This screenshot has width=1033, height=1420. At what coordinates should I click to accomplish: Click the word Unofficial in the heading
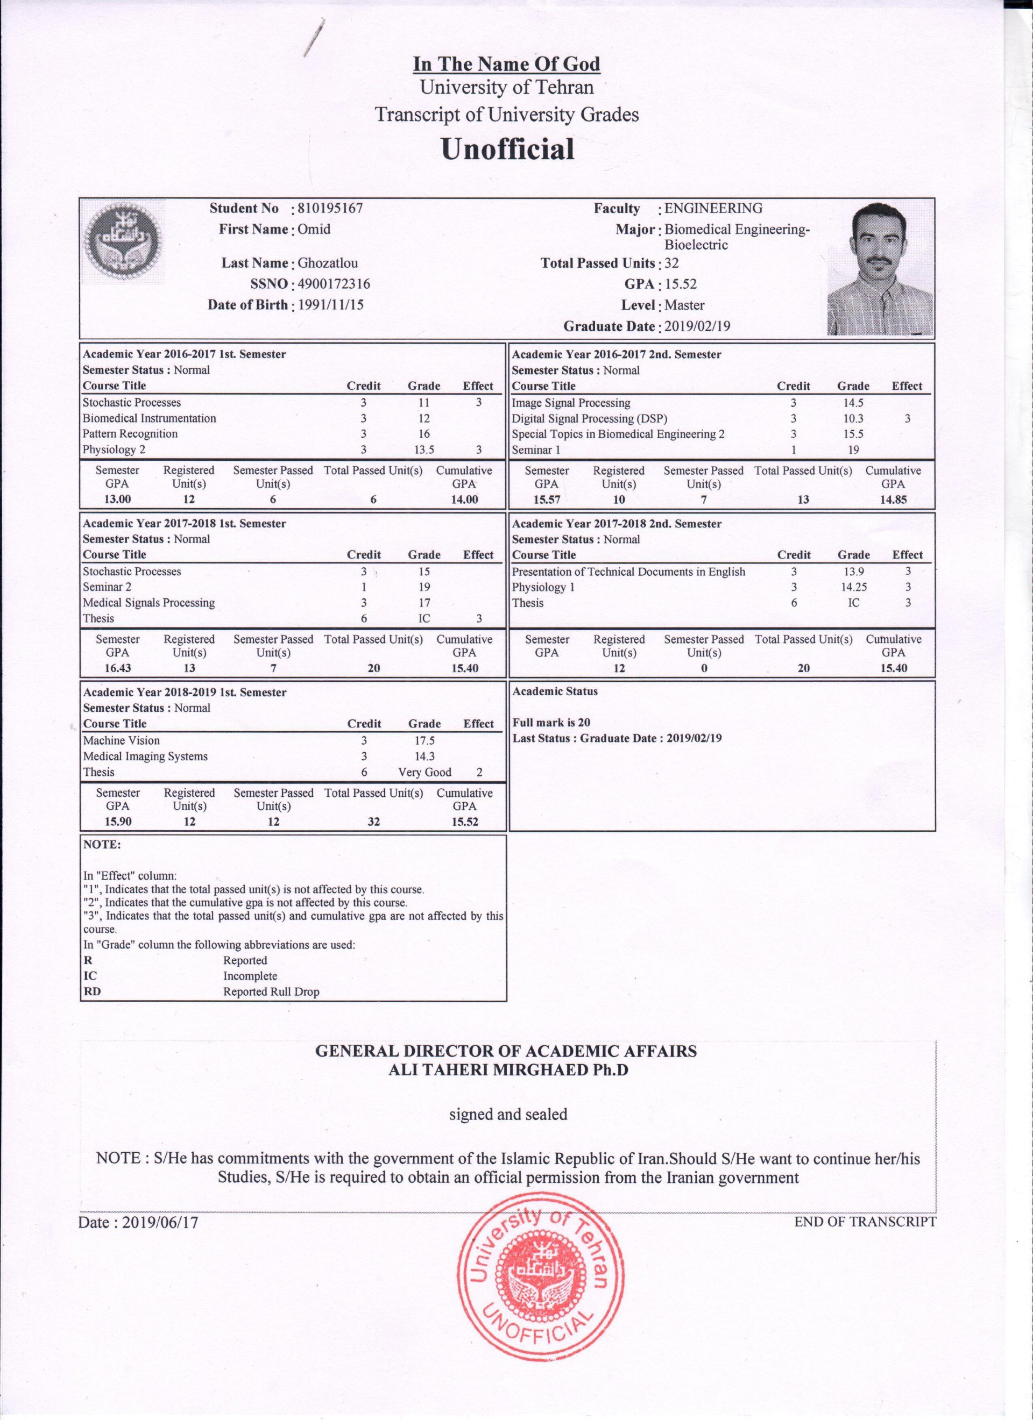click(507, 149)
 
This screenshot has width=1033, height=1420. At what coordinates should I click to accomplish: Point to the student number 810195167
click(330, 209)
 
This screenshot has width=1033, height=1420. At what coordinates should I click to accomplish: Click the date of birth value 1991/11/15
click(330, 305)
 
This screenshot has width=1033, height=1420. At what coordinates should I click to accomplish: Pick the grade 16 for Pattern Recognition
click(424, 434)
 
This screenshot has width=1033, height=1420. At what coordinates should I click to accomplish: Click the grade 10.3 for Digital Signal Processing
click(853, 418)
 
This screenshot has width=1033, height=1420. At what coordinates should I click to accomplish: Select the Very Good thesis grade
click(424, 772)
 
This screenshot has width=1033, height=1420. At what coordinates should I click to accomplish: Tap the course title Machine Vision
click(122, 740)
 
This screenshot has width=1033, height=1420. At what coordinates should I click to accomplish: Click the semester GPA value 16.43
click(117, 668)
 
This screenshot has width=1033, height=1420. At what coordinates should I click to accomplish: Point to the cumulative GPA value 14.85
click(893, 499)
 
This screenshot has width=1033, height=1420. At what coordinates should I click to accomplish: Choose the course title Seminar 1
click(536, 449)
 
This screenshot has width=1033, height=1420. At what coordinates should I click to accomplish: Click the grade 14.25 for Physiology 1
click(853, 587)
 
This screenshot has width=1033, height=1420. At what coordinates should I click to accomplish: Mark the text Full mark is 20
click(551, 722)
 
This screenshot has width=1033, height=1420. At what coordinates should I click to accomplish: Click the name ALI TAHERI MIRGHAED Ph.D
click(508, 1070)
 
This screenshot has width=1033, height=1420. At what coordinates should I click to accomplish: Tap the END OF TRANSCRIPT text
click(865, 1222)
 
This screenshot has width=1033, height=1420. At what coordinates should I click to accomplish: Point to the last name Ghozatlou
click(328, 263)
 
